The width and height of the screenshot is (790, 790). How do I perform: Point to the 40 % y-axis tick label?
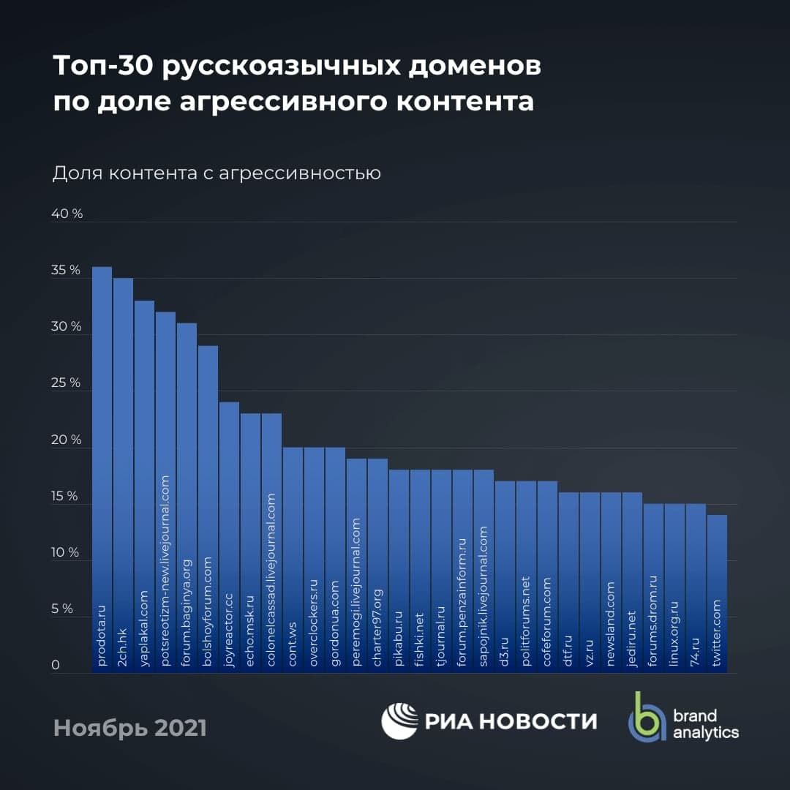click(x=67, y=214)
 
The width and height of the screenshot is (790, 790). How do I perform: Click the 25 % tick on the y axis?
click(x=66, y=383)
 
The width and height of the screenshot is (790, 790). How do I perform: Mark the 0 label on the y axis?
click(x=56, y=666)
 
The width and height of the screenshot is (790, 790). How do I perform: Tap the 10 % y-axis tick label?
click(x=65, y=552)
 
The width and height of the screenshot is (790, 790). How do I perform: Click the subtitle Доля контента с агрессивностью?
click(x=217, y=174)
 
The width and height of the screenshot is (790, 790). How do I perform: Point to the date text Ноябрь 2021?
click(x=129, y=728)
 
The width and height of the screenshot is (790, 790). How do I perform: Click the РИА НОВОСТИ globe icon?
click(x=399, y=721)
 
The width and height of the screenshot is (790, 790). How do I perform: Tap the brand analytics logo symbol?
click(x=644, y=717)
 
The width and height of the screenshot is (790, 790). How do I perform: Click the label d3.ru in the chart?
click(x=505, y=651)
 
